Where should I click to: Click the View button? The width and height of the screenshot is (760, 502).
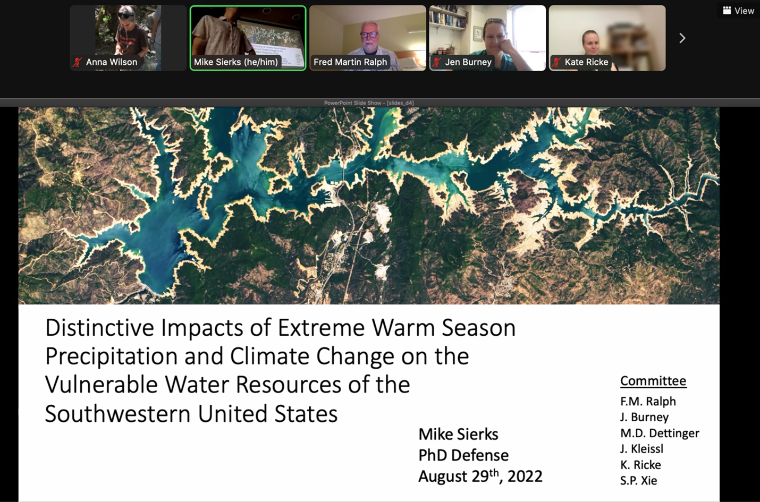pos(738,11)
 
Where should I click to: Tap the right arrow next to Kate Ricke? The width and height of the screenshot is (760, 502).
pos(682,38)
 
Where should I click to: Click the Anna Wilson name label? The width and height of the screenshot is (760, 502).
pos(111,62)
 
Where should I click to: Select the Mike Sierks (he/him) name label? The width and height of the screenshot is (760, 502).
pos(236,62)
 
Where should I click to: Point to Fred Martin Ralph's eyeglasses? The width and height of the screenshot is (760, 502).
pos(369,35)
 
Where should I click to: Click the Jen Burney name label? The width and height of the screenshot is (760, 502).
pos(468,62)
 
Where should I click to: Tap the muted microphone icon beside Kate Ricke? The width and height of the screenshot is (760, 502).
pos(556,62)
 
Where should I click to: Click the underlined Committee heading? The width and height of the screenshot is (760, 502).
pos(653,381)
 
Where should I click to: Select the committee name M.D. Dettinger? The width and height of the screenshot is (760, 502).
pos(660,433)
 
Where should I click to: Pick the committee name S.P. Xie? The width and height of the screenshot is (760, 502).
pos(638,480)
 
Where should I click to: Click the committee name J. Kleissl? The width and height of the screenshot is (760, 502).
pos(641,449)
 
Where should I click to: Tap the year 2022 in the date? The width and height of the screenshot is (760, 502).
pos(525,476)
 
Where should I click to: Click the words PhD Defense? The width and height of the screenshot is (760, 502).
pos(463,455)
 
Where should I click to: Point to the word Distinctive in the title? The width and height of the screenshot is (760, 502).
pos(100,328)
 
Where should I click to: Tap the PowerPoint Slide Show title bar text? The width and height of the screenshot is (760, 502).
pos(369,103)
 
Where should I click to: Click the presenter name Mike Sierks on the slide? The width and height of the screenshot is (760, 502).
pos(458,434)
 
